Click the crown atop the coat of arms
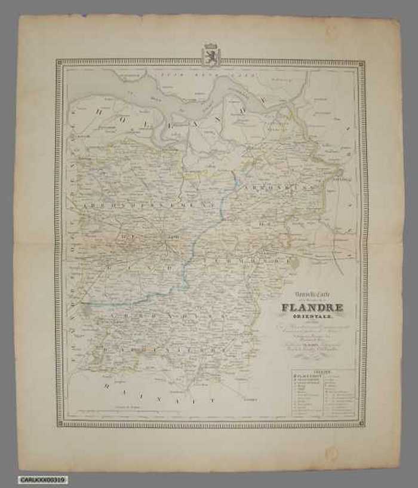click(210, 45)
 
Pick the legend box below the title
click(324, 392)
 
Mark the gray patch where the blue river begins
click(88, 309)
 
